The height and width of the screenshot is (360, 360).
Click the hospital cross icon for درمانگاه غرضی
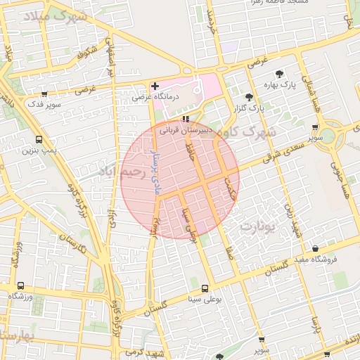[x=155, y=86]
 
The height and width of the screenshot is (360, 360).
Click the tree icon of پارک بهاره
[x=280, y=73]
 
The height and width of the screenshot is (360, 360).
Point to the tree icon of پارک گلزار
[x=248, y=98]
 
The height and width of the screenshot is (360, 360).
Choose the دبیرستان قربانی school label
[x=186, y=130]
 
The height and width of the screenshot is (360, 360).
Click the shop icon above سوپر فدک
[x=45, y=94]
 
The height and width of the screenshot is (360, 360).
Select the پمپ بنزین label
[x=38, y=149]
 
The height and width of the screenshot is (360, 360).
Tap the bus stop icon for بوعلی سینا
[x=205, y=288]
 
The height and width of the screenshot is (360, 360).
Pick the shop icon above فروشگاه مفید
[x=315, y=249]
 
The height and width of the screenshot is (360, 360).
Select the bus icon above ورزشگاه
[x=20, y=286]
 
